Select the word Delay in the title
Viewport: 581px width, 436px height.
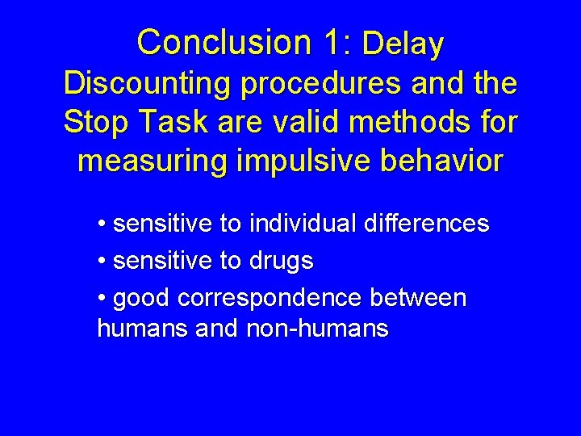click(403, 44)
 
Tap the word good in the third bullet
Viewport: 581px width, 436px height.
click(143, 299)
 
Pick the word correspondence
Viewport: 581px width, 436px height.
click(270, 299)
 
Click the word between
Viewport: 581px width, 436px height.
click(418, 298)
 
